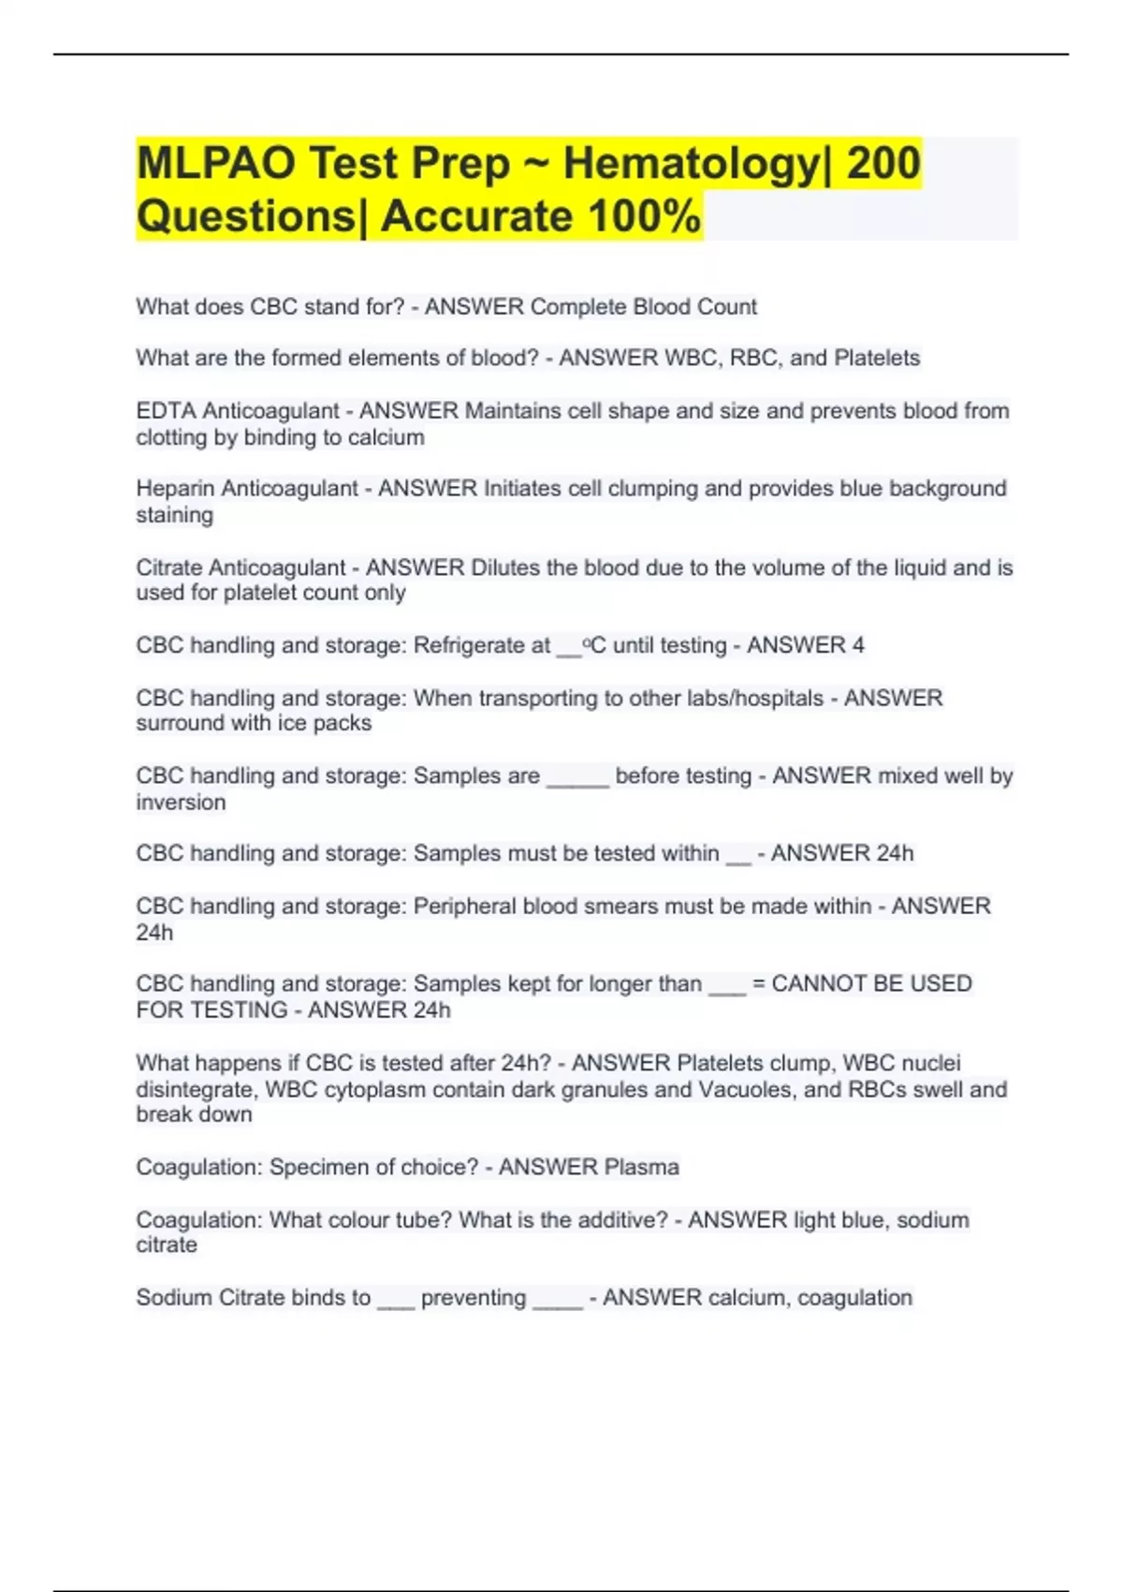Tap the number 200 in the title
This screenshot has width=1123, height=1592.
click(882, 163)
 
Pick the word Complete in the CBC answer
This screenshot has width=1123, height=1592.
click(578, 306)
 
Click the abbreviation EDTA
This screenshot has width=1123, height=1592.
click(165, 410)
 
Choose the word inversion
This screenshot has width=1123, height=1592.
click(181, 803)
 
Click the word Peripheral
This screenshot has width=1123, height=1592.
click(465, 906)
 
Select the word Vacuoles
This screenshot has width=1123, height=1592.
click(748, 1089)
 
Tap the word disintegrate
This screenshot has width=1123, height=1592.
click(196, 1089)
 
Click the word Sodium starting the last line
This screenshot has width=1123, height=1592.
click(173, 1297)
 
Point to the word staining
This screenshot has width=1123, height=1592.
click(174, 515)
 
